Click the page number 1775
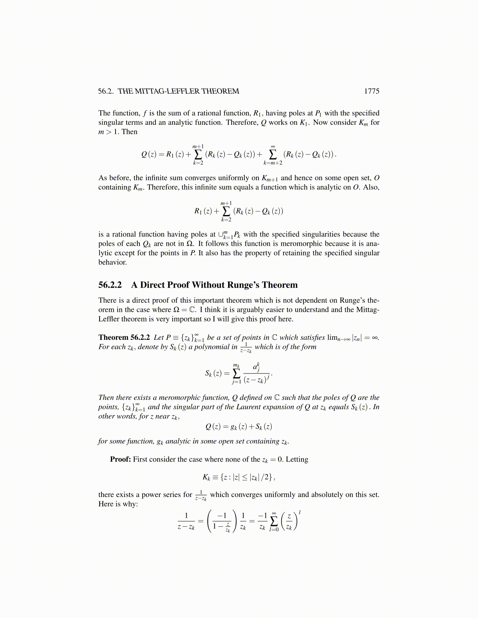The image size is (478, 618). point(371,91)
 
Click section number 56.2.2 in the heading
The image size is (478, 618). point(110,285)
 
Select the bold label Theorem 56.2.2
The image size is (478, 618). point(124,337)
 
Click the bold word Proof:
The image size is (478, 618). point(120,459)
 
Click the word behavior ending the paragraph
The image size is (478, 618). point(112,263)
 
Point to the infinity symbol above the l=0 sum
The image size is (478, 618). point(274,513)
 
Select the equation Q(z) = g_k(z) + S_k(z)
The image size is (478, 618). point(239,427)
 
